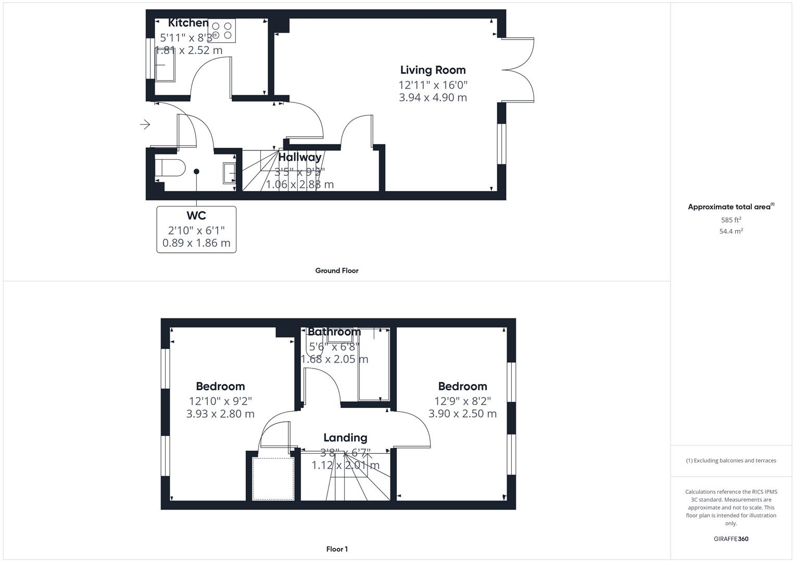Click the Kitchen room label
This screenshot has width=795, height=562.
pos(188,23)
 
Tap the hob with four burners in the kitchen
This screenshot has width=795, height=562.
pos(222,30)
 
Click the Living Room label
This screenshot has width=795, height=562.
pos(433,70)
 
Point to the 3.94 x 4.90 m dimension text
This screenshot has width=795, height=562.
pos(433,97)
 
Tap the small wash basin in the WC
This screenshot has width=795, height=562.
pos(230,173)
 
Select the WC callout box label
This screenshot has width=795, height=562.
pos(196,215)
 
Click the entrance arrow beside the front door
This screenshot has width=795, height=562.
pos(145,124)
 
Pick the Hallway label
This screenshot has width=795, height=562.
pos(300,157)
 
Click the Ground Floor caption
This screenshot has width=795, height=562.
pos(337,271)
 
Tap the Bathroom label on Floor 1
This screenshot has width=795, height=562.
pos(334,331)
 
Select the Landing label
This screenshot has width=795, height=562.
pos(345,438)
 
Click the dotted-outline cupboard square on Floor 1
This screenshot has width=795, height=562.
pos(273,479)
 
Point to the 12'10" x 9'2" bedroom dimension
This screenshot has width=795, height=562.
pos(220,401)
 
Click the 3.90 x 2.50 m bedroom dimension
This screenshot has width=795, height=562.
pos(462,414)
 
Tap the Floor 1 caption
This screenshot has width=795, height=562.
pos(337,549)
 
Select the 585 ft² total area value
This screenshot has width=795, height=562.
pos(731,220)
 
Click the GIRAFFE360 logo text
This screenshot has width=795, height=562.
pos(731,539)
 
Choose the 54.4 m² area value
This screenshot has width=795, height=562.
pos(731,231)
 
